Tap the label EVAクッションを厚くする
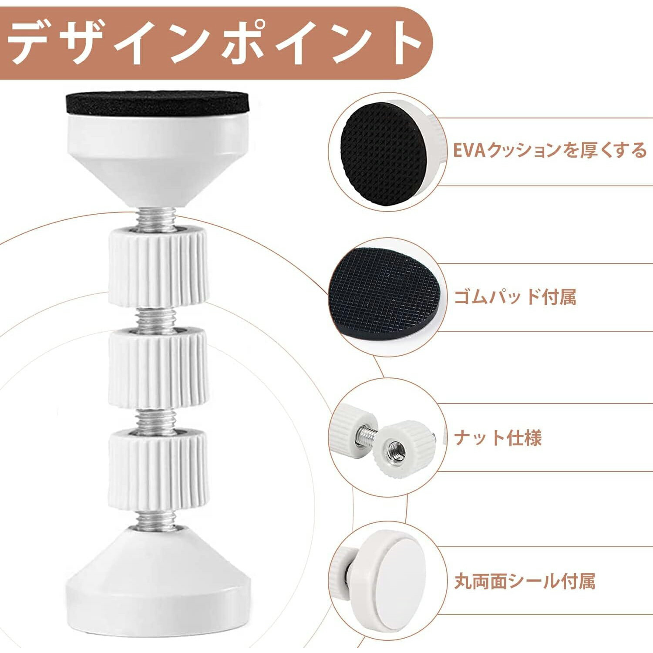click(x=550, y=150)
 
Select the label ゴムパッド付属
click(x=515, y=297)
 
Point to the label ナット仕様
click(x=498, y=438)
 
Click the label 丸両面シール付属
click(x=525, y=581)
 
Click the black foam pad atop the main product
click(x=157, y=103)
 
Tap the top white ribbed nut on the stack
click(x=158, y=266)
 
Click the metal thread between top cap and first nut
click(x=157, y=218)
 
